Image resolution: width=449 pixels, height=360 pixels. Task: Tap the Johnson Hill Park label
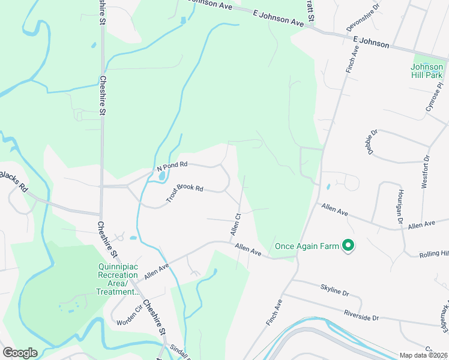pos(427,71)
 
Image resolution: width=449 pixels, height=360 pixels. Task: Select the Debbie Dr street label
pos(373,142)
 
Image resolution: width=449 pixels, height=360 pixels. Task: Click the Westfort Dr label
pos(425,172)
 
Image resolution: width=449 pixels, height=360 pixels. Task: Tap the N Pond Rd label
pos(172,165)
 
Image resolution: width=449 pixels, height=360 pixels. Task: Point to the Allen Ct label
pos(236,224)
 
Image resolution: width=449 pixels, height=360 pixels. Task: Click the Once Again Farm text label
pos(307,245)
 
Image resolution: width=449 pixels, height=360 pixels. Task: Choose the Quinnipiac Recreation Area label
pos(118,280)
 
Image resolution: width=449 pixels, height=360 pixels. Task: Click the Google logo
pos(20,352)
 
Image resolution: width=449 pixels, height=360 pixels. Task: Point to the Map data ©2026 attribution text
pos(423,355)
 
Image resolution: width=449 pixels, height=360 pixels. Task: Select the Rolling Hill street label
pos(434,254)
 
